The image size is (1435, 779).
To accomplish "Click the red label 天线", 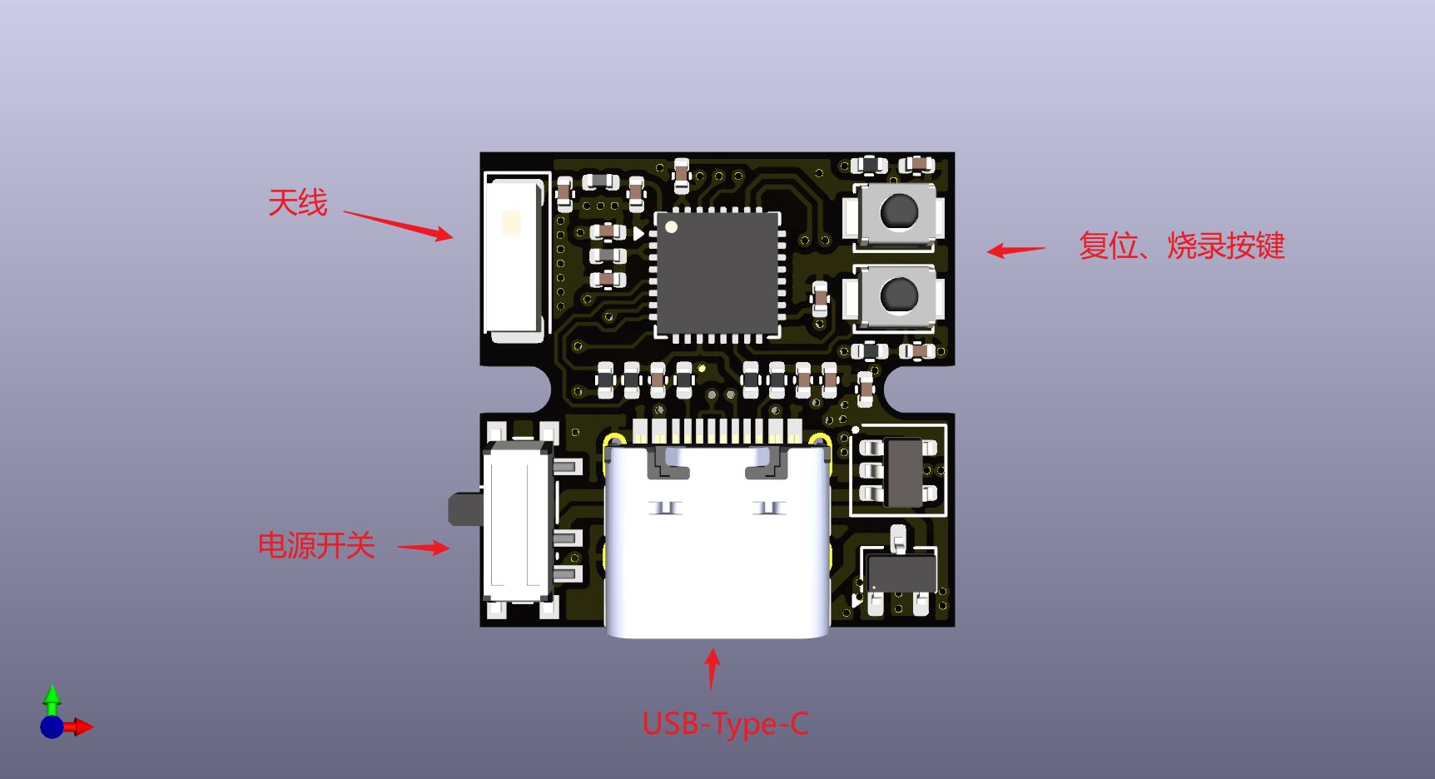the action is pyautogui.click(x=297, y=203).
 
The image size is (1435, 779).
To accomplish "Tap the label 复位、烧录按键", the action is pyautogui.click(x=1182, y=246).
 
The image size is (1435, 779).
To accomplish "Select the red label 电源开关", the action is pyautogui.click(x=316, y=546).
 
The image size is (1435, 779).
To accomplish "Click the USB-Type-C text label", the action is pyautogui.click(x=725, y=724).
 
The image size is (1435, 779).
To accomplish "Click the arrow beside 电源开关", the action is pyautogui.click(x=424, y=547).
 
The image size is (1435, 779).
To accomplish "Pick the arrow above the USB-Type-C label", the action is pyautogui.click(x=712, y=669).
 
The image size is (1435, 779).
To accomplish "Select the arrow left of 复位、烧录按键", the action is pyautogui.click(x=1015, y=250).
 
